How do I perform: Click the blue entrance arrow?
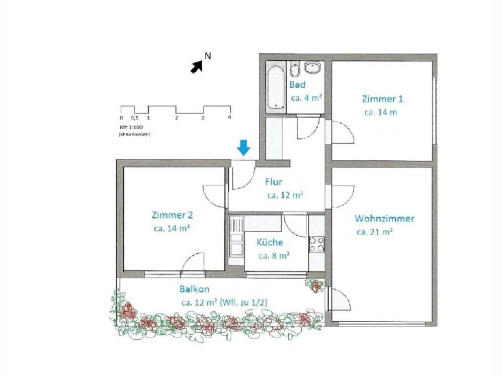tap(244, 148)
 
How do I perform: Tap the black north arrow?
tap(197, 67)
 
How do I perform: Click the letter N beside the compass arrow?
tap(208, 56)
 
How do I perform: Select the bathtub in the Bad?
tap(276, 87)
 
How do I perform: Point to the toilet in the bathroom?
tap(295, 69)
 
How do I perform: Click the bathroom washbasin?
tap(312, 68)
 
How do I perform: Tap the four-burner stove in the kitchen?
tap(316, 244)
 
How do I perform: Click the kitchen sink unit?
tap(236, 241)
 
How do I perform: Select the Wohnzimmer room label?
tap(384, 219)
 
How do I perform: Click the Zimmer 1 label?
tap(382, 99)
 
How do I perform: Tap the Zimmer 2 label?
tap(172, 215)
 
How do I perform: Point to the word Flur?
tap(274, 182)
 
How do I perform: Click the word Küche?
tap(270, 242)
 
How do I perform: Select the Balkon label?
tap(194, 289)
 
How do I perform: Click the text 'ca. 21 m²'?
tap(375, 232)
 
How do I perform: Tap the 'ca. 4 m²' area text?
tap(306, 98)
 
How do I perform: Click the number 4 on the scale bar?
tap(229, 117)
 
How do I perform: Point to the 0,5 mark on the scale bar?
tap(135, 118)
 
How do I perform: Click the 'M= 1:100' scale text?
tap(131, 127)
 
